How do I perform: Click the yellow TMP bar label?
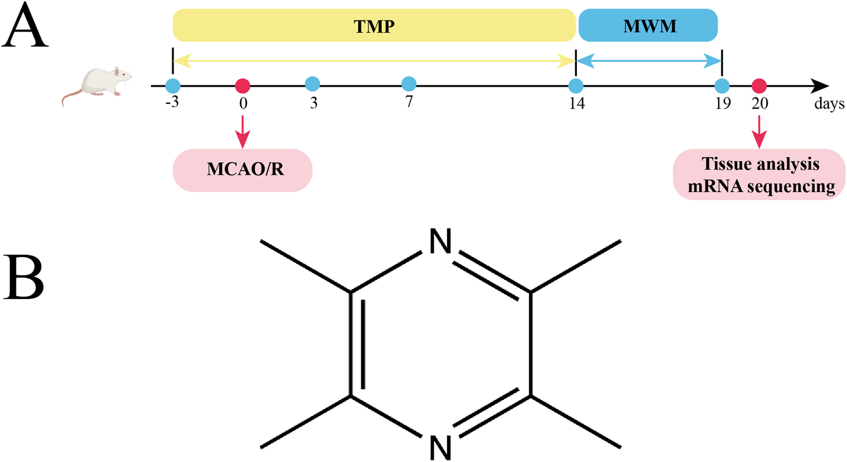(x=374, y=26)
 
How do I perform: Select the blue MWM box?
(x=648, y=26)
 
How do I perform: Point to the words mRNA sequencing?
(x=759, y=187)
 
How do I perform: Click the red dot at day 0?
(x=242, y=86)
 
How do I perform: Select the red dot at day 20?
(x=759, y=86)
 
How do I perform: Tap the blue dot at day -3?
(x=172, y=86)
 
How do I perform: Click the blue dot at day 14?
(x=576, y=86)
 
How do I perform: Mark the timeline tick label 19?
(x=722, y=104)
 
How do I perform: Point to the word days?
(x=829, y=105)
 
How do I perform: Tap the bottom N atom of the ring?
(x=440, y=447)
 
